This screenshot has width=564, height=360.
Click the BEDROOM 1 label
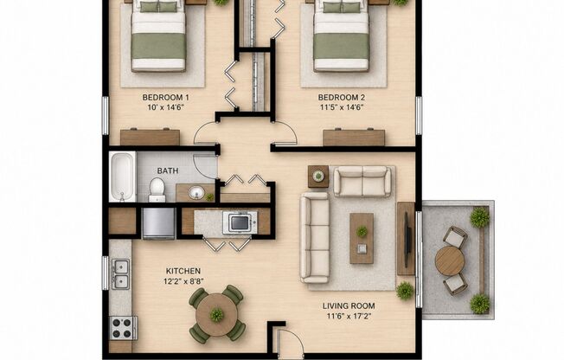point(165,97)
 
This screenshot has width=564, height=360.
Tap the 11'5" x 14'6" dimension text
point(342,107)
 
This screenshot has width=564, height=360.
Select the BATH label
point(168,170)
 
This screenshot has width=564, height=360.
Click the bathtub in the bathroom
point(122,177)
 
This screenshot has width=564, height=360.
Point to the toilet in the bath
point(157,190)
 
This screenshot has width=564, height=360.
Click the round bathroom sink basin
point(196,193)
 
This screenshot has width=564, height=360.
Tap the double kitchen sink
point(120,274)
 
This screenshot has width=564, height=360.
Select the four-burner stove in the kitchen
point(123,328)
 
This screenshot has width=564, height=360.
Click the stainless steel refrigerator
point(158,223)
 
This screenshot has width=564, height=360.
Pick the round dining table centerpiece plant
point(216,314)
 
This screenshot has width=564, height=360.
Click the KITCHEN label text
point(183,271)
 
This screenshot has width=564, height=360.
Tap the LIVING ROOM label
point(349,306)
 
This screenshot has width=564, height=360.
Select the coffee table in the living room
point(362,238)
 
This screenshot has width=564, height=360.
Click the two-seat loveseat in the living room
point(362,181)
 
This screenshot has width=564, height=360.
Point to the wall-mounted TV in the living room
point(407,240)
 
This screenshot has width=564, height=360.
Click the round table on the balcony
point(450,260)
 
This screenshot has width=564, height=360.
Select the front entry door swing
point(291,342)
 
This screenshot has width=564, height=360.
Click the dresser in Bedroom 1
point(150,137)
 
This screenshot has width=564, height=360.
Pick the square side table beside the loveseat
point(318,177)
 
